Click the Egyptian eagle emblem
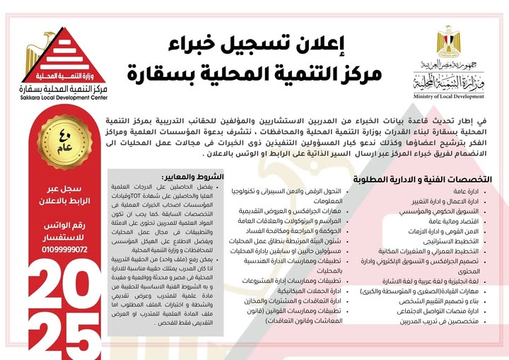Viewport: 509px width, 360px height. point(447,42)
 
